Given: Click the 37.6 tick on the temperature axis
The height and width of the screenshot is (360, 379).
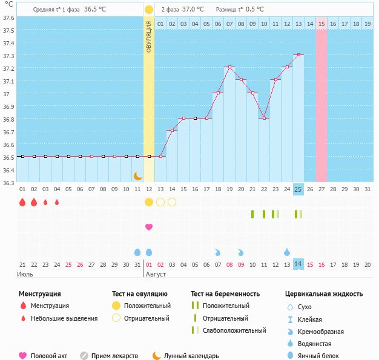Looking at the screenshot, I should pyautogui.click(x=8, y=18).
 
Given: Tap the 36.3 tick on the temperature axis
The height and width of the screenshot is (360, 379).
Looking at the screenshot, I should pyautogui.click(x=8, y=182).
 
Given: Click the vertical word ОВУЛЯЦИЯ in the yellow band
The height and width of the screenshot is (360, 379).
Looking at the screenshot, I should pyautogui.click(x=149, y=36).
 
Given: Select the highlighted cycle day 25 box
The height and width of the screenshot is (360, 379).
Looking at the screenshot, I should pyautogui.click(x=298, y=189).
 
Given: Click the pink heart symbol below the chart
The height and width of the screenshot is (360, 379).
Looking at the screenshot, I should pyautogui.click(x=149, y=227).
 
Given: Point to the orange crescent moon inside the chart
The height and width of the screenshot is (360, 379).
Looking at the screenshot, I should pyautogui.click(x=138, y=175).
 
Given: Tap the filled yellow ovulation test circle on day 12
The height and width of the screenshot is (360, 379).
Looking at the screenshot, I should pyautogui.click(x=149, y=202).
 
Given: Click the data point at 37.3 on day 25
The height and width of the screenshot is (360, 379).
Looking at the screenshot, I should pyautogui.click(x=298, y=55).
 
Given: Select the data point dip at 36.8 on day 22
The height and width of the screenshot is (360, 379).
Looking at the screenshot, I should pyautogui.click(x=263, y=119).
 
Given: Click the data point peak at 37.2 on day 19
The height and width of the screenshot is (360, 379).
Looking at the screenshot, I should pyautogui.click(x=229, y=67).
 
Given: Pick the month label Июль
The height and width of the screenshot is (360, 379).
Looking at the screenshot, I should pyautogui.click(x=25, y=274).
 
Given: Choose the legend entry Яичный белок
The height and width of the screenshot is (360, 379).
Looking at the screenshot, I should pyautogui.click(x=322, y=356).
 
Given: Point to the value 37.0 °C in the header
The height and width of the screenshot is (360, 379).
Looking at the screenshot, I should pyautogui.click(x=193, y=10).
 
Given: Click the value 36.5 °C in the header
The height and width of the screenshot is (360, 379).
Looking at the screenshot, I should pyautogui.click(x=94, y=10).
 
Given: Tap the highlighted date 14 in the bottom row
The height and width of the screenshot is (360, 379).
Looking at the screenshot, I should pyautogui.click(x=298, y=264).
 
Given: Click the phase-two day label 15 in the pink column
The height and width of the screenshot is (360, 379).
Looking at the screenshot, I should pyautogui.click(x=321, y=24).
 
